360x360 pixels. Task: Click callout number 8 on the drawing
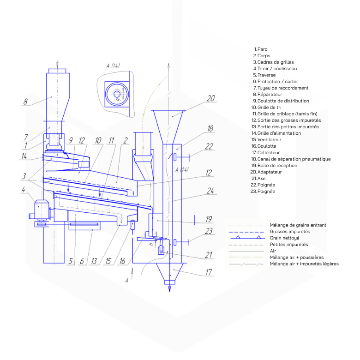click(x=25, y=102)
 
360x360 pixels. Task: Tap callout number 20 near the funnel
click(x=210, y=98)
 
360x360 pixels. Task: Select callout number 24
click(x=210, y=191)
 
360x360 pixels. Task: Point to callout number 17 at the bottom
click(x=209, y=272)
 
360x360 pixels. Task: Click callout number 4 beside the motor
click(x=24, y=190)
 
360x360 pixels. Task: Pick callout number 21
click(x=209, y=255)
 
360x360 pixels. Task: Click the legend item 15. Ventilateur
click(x=266, y=139)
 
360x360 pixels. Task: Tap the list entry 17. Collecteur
click(x=266, y=152)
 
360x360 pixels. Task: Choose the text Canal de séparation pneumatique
click(x=294, y=159)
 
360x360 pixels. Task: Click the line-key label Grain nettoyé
click(x=284, y=238)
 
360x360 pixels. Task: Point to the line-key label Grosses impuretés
click(x=290, y=231)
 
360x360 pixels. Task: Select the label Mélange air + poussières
click(x=297, y=258)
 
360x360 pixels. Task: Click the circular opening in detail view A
click(x=117, y=94)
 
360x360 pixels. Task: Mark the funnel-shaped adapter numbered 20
click(x=168, y=127)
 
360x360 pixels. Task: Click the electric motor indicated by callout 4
click(x=42, y=209)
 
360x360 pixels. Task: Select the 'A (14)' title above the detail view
click(x=113, y=66)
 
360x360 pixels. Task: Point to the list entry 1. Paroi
click(x=261, y=49)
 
